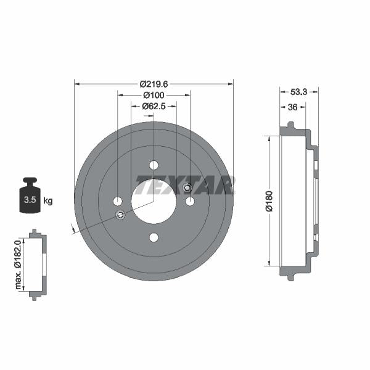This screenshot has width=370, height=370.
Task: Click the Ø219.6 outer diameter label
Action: point(154,83)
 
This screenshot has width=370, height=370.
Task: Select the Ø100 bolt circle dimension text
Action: point(154,96)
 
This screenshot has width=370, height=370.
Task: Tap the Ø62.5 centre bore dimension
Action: point(154,107)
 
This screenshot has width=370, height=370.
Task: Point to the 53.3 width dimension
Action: point(298,92)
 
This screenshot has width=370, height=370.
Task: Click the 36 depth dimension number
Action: point(294,107)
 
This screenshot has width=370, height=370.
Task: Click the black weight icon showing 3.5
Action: point(29,196)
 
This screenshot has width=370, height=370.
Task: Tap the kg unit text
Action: point(48,200)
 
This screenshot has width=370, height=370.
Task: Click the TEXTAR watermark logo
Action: point(185,185)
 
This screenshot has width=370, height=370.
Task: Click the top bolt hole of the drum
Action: point(154,165)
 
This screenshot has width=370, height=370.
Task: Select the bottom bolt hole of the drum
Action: point(154,238)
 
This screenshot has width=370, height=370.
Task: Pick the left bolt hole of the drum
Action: point(117,201)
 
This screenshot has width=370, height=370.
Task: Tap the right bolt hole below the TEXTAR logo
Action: point(190,201)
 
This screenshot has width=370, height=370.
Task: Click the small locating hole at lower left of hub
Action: point(120,215)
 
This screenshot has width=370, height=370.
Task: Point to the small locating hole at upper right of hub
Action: point(187,188)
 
